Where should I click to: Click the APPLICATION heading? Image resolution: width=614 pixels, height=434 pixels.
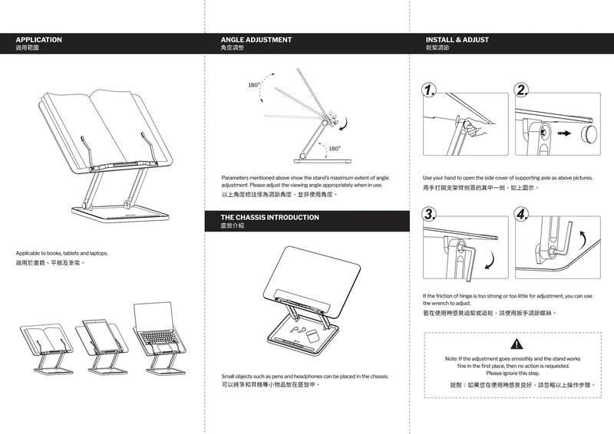(39, 39)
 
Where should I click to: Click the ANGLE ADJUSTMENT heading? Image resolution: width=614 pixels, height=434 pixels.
(256, 39)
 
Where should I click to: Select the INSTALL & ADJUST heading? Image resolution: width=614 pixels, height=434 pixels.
(457, 39)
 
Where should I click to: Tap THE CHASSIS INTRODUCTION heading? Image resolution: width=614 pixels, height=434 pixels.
(269, 218)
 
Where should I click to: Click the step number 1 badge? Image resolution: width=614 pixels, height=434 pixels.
(431, 91)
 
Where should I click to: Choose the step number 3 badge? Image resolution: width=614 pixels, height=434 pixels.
(431, 212)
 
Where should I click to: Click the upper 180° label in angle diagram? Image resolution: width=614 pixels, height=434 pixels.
(253, 85)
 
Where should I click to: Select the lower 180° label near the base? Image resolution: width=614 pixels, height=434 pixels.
(335, 148)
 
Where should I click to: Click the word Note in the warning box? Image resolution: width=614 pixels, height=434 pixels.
(452, 358)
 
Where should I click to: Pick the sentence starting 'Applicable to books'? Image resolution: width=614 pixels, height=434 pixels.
(62, 252)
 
